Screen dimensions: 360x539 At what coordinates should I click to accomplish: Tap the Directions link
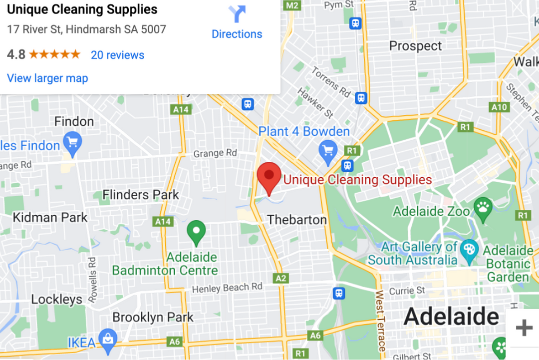click(237, 34)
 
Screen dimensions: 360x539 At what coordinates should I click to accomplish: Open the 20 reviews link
click(117, 55)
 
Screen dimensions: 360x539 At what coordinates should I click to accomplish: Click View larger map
click(47, 78)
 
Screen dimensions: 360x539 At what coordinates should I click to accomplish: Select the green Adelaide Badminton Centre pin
click(196, 232)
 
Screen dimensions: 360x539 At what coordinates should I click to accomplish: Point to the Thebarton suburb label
click(297, 220)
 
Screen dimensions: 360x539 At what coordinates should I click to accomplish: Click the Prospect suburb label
click(415, 46)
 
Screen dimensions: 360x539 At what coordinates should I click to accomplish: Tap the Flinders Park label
click(140, 195)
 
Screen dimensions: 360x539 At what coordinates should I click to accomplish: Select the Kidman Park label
click(50, 217)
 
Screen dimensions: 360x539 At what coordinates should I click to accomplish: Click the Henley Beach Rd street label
click(227, 288)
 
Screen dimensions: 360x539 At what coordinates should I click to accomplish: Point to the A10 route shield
click(499, 107)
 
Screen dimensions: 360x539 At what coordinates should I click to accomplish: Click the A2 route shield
click(281, 278)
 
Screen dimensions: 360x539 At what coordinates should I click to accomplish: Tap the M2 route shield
click(292, 5)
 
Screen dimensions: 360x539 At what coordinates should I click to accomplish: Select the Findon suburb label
click(74, 121)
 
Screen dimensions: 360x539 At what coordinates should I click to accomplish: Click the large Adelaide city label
click(451, 317)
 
